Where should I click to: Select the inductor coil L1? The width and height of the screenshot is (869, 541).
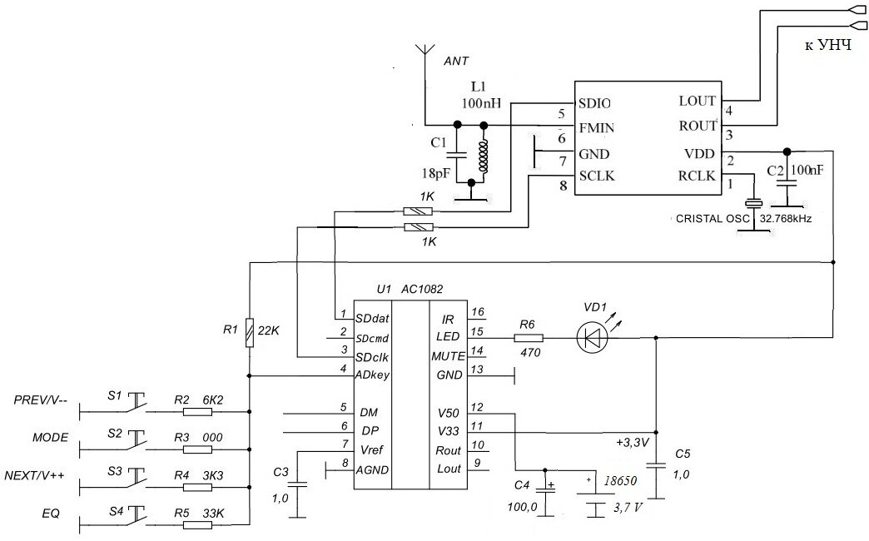(483, 155)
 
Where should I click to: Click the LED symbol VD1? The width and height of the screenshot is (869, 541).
(591, 338)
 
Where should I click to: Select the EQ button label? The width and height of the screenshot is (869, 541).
(51, 513)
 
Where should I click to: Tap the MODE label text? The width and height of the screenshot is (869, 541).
(51, 438)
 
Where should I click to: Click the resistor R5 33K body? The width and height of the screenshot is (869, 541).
(197, 524)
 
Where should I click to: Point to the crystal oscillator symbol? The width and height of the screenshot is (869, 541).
(754, 204)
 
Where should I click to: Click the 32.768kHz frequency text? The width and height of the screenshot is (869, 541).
(781, 219)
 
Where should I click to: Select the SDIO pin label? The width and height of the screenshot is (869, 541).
(594, 103)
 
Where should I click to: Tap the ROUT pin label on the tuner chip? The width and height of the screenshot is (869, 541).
(698, 126)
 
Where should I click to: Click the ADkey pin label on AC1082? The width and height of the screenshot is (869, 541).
(373, 375)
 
